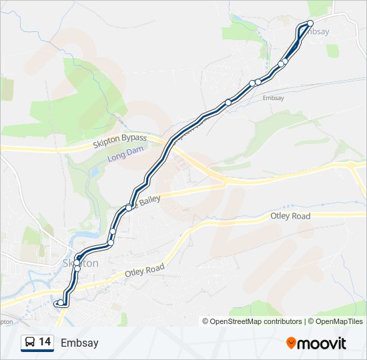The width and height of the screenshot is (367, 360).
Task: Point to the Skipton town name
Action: (x=81, y=263)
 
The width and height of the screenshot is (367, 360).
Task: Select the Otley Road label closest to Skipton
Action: (x=145, y=270)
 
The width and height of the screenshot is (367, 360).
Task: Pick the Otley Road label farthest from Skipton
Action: (x=291, y=217)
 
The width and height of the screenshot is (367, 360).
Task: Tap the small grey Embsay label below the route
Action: (x=274, y=98)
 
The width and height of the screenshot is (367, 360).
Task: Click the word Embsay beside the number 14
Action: (x=79, y=343)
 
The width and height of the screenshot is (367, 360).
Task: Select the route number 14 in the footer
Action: (x=45, y=342)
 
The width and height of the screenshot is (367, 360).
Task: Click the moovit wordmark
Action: (x=322, y=343)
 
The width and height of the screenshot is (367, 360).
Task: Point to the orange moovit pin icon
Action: (x=292, y=343)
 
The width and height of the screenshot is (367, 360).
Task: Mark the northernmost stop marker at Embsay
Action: (x=310, y=23)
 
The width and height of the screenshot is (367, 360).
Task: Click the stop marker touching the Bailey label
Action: (x=129, y=207)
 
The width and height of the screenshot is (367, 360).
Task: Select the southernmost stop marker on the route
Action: (x=61, y=303)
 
